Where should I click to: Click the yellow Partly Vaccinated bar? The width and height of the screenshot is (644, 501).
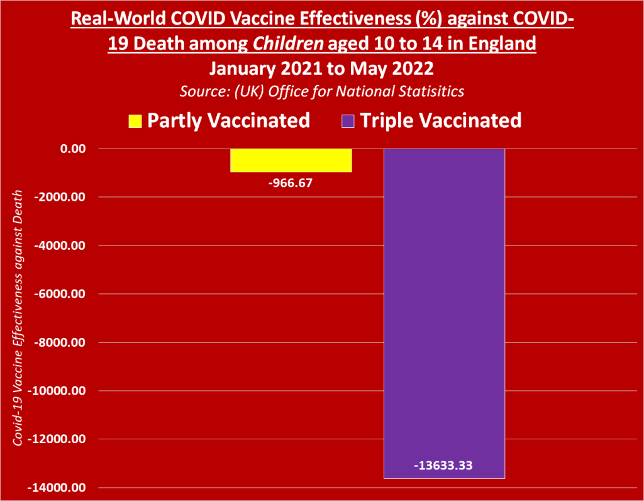(291, 160)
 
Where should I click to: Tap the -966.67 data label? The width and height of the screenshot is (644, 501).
(291, 183)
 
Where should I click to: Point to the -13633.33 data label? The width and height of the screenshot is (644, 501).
(444, 466)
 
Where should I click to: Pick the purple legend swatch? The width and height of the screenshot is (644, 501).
(348, 120)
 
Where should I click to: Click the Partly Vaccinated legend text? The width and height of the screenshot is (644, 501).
(228, 120)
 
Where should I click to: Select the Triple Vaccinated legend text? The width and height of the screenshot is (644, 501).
(440, 120)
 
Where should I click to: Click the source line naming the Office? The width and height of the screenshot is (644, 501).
(322, 91)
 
